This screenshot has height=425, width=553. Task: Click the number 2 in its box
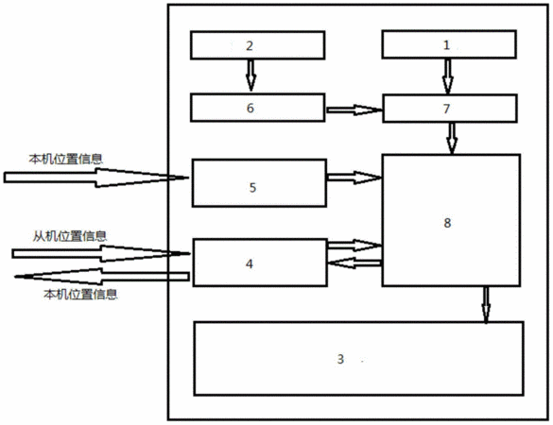250,46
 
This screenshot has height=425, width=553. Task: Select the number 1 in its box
446,45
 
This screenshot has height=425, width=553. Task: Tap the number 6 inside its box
251,108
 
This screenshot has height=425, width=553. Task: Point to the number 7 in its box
446,109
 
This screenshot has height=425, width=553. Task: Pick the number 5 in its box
252,188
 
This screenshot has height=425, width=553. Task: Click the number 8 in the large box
447,223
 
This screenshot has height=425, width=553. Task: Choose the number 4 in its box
250,263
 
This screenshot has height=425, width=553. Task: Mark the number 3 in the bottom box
340,359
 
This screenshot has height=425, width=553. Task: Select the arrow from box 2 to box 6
251,76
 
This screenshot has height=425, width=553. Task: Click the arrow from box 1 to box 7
447,76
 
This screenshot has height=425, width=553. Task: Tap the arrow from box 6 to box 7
354,110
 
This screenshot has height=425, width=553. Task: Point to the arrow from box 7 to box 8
452,138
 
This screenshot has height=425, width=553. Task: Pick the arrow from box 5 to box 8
354,178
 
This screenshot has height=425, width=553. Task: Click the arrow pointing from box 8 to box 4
354,263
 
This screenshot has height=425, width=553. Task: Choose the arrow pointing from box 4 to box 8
354,246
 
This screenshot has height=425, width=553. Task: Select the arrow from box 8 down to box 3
486,305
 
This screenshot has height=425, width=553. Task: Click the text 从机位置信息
70,236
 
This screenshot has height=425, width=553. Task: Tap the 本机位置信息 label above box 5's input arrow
66,159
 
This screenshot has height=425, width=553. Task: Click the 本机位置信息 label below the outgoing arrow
80,294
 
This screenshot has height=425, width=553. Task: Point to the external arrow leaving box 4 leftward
101,277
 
